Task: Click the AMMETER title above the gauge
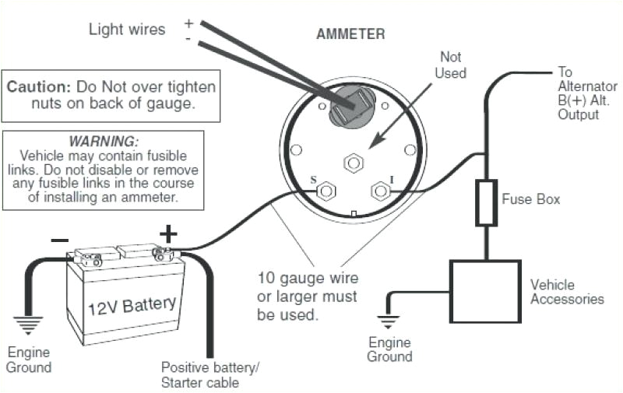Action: coord(350,34)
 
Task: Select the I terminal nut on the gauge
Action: coord(380,189)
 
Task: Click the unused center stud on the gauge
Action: coord(352,163)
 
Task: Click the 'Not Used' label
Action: coord(452,65)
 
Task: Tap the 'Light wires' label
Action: coord(127,30)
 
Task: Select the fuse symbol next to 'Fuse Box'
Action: coord(487,202)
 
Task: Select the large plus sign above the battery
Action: coord(168,233)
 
